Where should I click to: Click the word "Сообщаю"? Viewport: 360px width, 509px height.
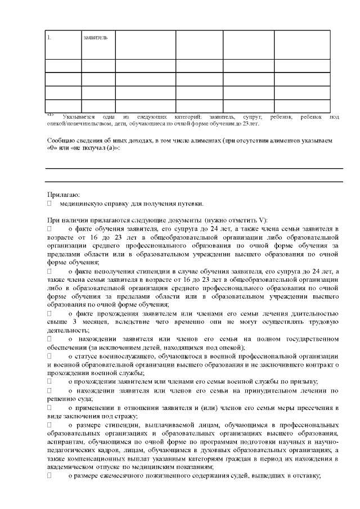pyautogui.click(x=59, y=139)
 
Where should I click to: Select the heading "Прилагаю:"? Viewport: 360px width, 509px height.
pyautogui.click(x=59, y=195)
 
